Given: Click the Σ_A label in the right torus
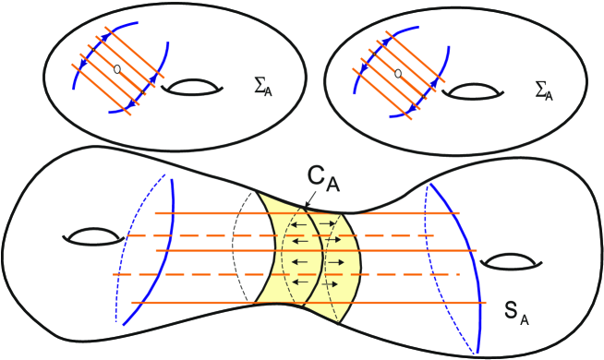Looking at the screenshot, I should pos(544,90).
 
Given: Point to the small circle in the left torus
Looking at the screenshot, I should pos(115,68).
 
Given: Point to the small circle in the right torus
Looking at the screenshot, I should pos(397,71).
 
